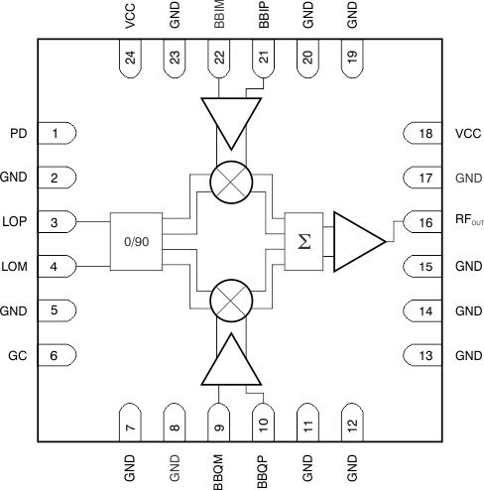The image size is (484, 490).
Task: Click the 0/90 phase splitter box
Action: tap(135, 241)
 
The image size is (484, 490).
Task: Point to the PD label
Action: tap(18, 133)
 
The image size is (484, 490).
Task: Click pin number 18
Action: tap(423, 133)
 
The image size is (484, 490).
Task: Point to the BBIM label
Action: tap(219, 17)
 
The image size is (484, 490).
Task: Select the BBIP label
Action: tap(263, 17)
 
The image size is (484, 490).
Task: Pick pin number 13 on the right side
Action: tap(423, 355)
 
